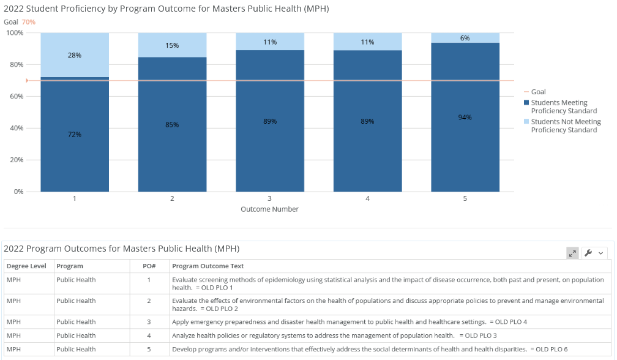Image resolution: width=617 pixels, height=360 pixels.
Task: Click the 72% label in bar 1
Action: [75, 134]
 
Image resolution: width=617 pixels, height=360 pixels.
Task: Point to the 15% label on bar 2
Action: [172, 45]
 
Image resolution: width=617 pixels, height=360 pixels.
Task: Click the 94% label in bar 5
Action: [465, 117]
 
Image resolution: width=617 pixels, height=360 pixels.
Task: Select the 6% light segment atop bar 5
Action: [465, 38]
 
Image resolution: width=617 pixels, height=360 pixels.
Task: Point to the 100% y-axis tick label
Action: [15, 32]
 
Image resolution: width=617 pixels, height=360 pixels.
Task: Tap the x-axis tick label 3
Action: [269, 198]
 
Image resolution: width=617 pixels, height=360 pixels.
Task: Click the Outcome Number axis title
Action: [269, 209]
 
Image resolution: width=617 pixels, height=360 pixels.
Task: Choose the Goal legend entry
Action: [538, 92]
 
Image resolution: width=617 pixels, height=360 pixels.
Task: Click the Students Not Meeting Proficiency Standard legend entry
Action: [566, 126]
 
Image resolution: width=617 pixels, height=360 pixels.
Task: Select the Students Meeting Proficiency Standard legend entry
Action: [563, 107]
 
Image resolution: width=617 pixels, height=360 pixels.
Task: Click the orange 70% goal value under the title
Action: [29, 22]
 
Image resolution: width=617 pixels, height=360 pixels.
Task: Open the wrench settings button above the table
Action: [594, 253]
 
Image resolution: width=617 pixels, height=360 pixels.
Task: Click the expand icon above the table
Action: [572, 253]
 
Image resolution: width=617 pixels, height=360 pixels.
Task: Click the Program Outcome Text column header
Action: [208, 266]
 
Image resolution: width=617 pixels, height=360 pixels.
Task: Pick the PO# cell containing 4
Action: [149, 336]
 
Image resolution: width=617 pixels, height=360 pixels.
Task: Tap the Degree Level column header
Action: [26, 266]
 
